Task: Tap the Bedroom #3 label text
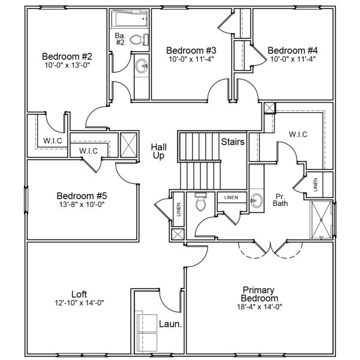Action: (190, 50)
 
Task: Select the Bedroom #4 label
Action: (292, 50)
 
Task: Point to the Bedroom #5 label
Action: (82, 196)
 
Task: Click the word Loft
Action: (79, 294)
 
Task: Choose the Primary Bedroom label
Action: (259, 293)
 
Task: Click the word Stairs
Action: (232, 142)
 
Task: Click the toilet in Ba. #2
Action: (137, 40)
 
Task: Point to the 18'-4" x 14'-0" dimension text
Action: (259, 307)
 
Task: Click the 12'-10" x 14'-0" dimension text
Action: (79, 303)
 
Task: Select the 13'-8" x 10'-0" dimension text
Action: (82, 205)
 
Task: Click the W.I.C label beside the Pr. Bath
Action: (298, 134)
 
